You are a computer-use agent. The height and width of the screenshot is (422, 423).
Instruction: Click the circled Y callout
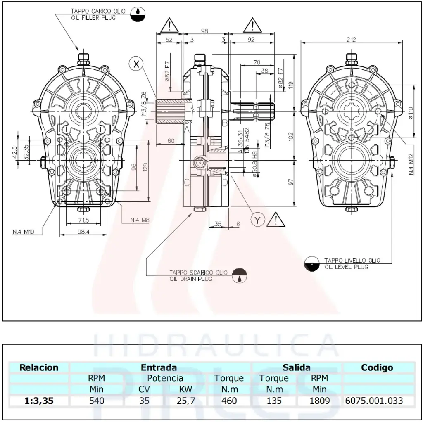tap(258, 220)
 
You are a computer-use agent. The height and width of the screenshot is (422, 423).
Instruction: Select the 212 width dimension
tap(351, 40)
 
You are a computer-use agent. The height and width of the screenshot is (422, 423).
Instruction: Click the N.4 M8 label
tap(139, 220)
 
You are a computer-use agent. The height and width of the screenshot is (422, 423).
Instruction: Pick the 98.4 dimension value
tap(84, 232)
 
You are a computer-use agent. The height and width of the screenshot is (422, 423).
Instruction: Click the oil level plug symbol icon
tap(312, 264)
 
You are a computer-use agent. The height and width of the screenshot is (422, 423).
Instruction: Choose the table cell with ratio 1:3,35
tap(39, 400)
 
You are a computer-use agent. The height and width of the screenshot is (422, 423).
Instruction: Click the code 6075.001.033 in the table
tap(373, 400)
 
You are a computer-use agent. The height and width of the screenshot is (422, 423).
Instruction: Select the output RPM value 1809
tap(319, 400)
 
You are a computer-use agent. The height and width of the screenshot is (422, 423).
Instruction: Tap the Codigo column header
tap(377, 367)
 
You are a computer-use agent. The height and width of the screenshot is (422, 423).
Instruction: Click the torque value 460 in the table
tap(229, 400)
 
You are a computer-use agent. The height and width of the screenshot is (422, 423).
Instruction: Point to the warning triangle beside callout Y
tap(276, 219)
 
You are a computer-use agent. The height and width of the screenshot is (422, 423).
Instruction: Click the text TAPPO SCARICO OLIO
tap(198, 273)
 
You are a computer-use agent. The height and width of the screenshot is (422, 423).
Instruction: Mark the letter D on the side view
tap(225, 183)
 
